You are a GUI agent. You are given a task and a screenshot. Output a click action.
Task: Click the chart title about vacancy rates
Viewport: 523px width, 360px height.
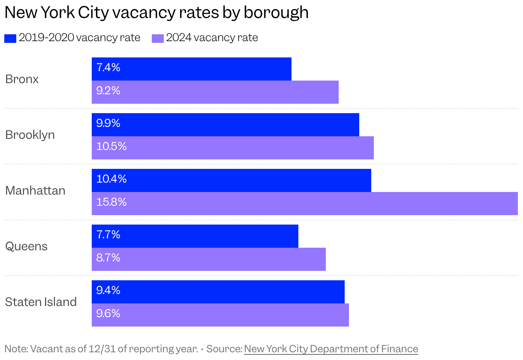click(x=156, y=12)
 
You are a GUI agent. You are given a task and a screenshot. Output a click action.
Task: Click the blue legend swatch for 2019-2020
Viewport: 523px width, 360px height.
click(x=10, y=38)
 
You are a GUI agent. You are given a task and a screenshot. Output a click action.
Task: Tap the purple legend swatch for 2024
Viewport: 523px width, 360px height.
click(x=158, y=38)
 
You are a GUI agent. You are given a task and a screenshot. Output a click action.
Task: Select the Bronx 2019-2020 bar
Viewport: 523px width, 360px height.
click(x=191, y=69)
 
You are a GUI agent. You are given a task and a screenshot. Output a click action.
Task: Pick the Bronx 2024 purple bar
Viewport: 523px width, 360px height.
click(x=215, y=92)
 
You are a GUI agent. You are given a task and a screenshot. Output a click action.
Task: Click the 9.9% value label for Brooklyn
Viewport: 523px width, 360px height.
click(x=108, y=123)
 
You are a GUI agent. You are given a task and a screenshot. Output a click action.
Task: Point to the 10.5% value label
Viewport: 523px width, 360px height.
click(x=111, y=147)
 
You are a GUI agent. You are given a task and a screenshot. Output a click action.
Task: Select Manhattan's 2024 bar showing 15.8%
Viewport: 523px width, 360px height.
click(x=304, y=204)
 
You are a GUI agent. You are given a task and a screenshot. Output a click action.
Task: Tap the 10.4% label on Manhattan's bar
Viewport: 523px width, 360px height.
click(x=111, y=179)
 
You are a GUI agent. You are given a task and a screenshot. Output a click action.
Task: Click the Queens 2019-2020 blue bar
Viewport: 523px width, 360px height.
click(x=195, y=236)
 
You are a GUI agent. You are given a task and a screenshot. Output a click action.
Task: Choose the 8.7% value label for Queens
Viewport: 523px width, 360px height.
click(x=108, y=258)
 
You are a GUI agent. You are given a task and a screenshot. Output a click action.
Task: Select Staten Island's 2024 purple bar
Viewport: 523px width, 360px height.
click(x=220, y=315)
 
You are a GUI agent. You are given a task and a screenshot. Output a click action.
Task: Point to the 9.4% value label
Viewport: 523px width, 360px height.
click(x=108, y=291)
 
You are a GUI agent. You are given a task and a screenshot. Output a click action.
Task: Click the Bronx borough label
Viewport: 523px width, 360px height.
click(x=22, y=79)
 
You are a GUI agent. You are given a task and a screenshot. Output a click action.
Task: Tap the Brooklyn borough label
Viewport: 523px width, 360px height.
click(x=30, y=135)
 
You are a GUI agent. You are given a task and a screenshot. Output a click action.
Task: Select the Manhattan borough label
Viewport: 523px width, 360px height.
click(x=35, y=191)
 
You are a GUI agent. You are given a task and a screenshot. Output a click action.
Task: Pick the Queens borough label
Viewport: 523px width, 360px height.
click(x=26, y=246)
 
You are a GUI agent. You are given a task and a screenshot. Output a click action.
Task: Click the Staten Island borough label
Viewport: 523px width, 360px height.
click(x=41, y=302)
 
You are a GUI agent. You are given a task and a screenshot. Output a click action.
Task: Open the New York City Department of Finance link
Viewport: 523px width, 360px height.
click(x=331, y=349)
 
